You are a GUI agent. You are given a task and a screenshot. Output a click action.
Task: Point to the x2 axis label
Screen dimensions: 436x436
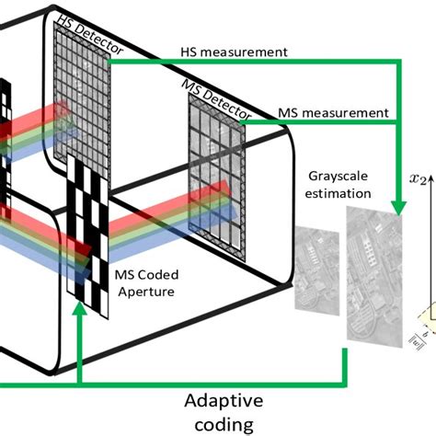tap(420, 180)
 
